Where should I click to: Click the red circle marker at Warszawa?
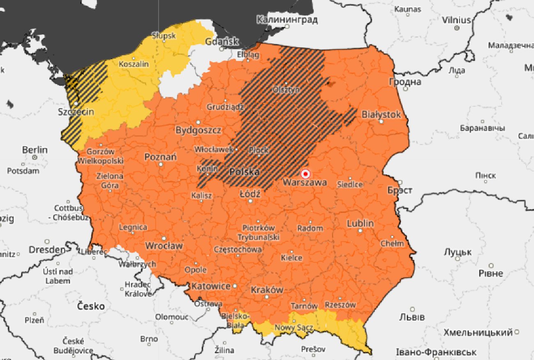(x=305, y=173)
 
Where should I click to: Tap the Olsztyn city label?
(x=286, y=90)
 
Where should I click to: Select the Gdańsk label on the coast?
(x=221, y=42)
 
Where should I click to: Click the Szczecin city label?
(x=76, y=112)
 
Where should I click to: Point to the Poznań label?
(x=161, y=157)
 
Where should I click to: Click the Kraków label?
(x=267, y=290)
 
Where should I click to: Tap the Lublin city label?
(x=360, y=224)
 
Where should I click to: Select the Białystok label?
(x=381, y=115)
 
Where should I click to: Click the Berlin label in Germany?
(x=35, y=150)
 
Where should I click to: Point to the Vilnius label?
(x=456, y=20)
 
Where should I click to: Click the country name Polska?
(x=244, y=172)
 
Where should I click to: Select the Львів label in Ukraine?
(x=412, y=317)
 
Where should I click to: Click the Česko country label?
(x=91, y=306)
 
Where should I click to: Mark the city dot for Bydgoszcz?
(x=198, y=122)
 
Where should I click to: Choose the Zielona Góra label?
(x=110, y=181)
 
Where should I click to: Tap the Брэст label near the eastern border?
(x=400, y=190)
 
